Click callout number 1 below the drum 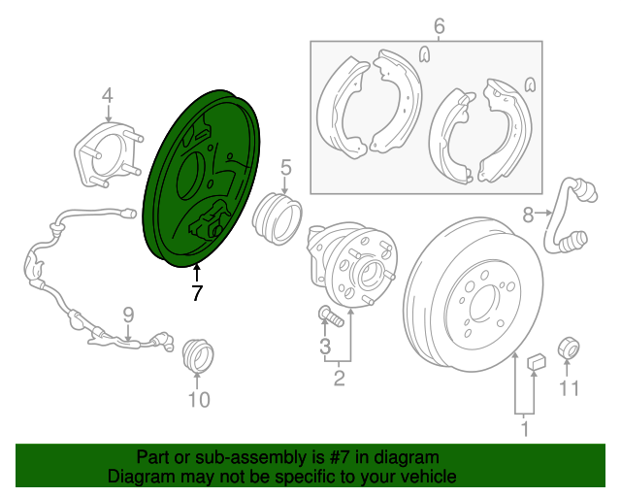point(525,427)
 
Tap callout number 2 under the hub point(339,378)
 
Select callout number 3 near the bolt point(325,347)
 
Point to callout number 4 point(107,95)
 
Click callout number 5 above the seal point(286,168)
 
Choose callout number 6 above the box point(439,26)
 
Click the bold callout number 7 point(197,293)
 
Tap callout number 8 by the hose point(528,214)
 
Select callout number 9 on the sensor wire point(126,313)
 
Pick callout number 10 point(198,398)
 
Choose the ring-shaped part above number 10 point(199,355)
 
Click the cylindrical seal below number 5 point(278,216)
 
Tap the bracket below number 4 point(103,151)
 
